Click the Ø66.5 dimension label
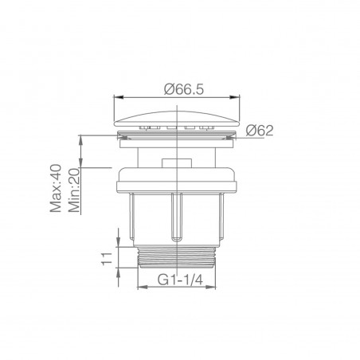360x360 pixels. pyautogui.click(x=184, y=89)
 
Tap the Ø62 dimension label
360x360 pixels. pyautogui.click(x=260, y=131)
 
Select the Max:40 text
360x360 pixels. pyautogui.click(x=56, y=188)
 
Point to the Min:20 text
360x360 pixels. pyautogui.click(x=74, y=190)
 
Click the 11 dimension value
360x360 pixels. pyautogui.click(x=107, y=259)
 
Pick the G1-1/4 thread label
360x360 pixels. pyautogui.click(x=180, y=280)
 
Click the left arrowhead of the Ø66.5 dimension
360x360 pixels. pyautogui.click(x=119, y=97)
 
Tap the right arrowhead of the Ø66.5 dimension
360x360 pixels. pyautogui.click(x=235, y=97)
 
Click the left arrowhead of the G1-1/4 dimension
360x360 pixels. pyautogui.click(x=142, y=287)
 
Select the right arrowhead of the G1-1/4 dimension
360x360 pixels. pyautogui.click(x=211, y=287)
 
